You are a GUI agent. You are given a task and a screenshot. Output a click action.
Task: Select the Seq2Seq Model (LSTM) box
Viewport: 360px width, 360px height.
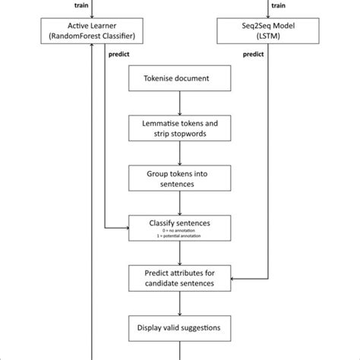pyautogui.click(x=270, y=31)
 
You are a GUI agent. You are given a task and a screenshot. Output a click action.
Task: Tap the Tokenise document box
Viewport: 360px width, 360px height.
pyautogui.click(x=179, y=79)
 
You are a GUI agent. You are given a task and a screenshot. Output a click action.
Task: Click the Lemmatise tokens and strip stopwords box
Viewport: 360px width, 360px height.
pyautogui.click(x=179, y=128)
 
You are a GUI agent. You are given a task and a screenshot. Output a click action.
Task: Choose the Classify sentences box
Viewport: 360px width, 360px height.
pyautogui.click(x=179, y=227)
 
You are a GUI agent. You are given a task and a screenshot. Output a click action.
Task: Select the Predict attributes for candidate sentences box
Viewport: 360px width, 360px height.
pyautogui.click(x=179, y=277)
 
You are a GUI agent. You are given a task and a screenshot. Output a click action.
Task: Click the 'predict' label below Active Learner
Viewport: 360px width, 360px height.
pyautogui.click(x=119, y=55)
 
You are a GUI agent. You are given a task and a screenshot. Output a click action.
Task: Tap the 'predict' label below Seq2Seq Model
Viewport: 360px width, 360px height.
pyautogui.click(x=252, y=55)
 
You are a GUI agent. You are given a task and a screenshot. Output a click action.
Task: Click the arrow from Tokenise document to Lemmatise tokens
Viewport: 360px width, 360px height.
pyautogui.click(x=179, y=103)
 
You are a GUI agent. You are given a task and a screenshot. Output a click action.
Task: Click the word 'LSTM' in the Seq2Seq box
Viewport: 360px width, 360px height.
pyautogui.click(x=270, y=36)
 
